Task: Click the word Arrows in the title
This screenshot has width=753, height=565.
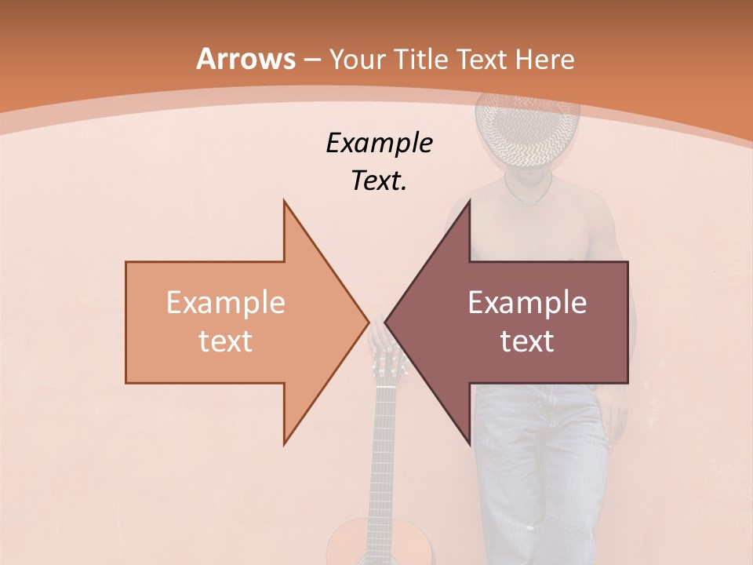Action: click(246, 59)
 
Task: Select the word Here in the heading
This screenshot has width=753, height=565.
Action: click(544, 60)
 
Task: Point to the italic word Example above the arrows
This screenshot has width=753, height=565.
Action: click(379, 144)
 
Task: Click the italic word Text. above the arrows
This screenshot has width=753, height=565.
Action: click(379, 181)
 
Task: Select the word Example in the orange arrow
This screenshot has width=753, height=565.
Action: click(225, 303)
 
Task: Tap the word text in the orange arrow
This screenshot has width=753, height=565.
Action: click(225, 341)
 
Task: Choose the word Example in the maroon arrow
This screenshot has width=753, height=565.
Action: click(527, 303)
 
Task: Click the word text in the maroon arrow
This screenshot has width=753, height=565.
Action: click(527, 341)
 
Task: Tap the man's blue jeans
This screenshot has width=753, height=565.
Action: click(541, 471)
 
